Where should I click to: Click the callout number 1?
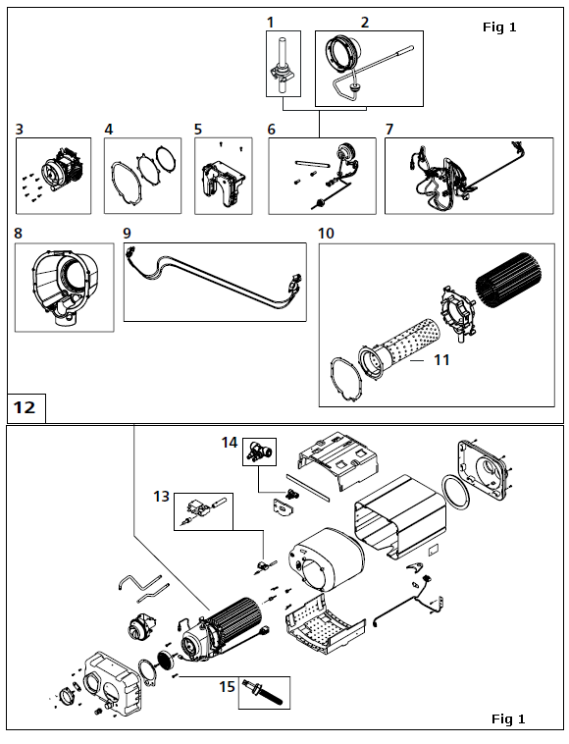271,23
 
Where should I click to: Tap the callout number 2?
365,23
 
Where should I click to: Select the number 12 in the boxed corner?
25,407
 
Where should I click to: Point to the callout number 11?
441,360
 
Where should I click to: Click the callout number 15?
228,687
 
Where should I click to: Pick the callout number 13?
161,497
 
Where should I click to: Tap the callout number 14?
230,443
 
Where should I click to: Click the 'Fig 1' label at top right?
499,27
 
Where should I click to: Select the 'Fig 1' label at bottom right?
508,718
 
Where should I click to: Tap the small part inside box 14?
259,452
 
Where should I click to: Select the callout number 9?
127,233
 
